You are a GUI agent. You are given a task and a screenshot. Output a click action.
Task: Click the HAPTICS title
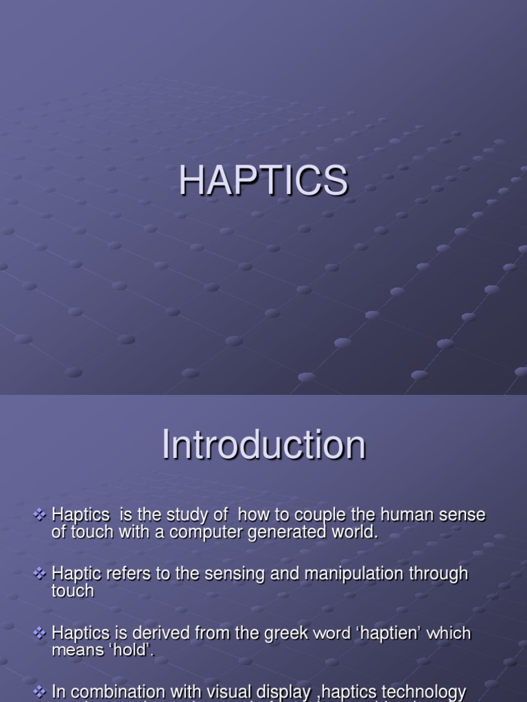(263, 182)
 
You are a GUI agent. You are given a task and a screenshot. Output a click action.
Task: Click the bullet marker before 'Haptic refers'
(40, 573)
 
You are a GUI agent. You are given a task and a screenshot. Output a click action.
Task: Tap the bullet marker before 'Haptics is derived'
(40, 633)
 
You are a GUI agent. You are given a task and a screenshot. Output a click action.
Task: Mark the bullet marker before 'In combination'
(40, 692)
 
